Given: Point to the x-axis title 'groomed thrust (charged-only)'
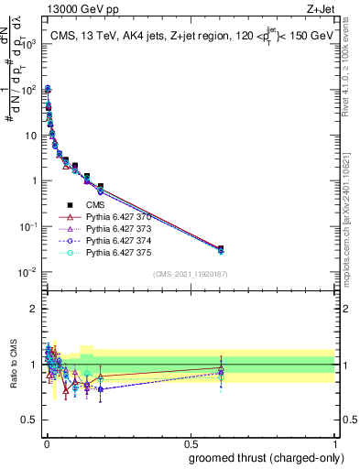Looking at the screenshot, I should click(x=260, y=457).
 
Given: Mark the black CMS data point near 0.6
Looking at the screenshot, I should click(x=221, y=248).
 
